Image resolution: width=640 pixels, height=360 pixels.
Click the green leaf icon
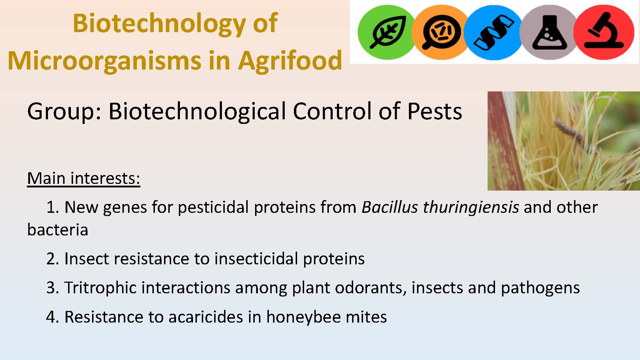pyautogui.click(x=387, y=32)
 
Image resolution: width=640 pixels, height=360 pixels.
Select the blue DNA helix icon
pyautogui.click(x=494, y=32)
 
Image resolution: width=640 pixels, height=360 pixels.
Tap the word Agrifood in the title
pyautogui.click(x=290, y=60)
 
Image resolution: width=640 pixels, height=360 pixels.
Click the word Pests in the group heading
pyautogui.click(x=435, y=112)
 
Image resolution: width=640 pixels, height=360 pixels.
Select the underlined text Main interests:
pyautogui.click(x=84, y=178)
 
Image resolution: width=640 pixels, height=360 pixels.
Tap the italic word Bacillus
pyautogui.click(x=390, y=207)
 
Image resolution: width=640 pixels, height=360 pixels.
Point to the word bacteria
pyautogui.click(x=58, y=230)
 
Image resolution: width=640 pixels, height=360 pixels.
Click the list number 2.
pyautogui.click(x=53, y=259)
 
